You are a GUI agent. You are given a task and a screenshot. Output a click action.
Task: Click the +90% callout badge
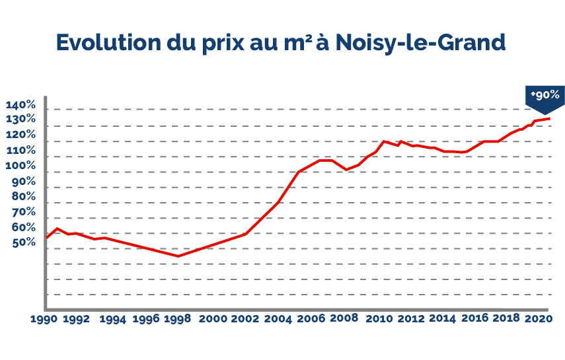[x=545, y=98]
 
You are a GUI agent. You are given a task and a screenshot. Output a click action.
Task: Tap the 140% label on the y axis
[x=21, y=105]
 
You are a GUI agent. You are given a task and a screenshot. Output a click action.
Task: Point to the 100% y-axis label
[x=21, y=165]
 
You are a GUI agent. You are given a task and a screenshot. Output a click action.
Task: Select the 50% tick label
[x=24, y=242]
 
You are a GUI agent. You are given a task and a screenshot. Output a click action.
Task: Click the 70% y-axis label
[x=24, y=211]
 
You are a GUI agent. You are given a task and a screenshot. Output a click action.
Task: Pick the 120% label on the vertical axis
[x=21, y=134]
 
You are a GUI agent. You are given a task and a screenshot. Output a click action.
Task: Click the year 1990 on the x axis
[x=44, y=319]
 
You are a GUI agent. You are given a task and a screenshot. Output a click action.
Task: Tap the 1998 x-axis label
[x=177, y=319]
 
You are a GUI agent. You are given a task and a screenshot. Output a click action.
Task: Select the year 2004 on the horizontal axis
[x=278, y=319]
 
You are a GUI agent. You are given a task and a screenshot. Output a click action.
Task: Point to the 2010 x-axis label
[x=379, y=319]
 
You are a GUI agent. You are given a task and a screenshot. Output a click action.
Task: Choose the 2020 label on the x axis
[x=539, y=319]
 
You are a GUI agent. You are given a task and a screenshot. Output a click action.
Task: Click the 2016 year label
[x=475, y=318]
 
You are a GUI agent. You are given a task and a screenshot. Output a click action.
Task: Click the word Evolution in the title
[x=108, y=42]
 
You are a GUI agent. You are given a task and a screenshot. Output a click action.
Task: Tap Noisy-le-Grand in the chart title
[x=420, y=43]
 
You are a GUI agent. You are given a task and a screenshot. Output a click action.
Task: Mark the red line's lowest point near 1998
[x=178, y=256]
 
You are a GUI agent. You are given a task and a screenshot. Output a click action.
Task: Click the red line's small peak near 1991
[x=57, y=229]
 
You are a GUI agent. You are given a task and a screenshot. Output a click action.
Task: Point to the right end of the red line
[x=548, y=118]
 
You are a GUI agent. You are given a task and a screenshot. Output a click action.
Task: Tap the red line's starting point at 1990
[x=46, y=238]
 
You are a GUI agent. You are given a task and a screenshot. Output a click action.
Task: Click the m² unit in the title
[x=298, y=42]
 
